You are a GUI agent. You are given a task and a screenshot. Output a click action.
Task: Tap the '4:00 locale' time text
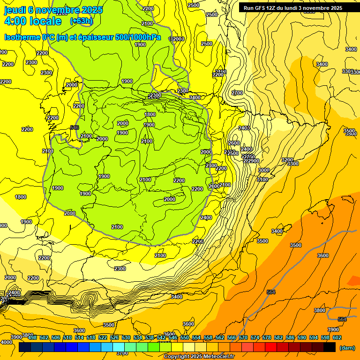pos(33,21)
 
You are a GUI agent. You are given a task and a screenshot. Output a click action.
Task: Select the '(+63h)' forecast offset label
pos(81,21)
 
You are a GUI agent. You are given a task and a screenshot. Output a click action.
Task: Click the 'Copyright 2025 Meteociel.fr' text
pos(199,357)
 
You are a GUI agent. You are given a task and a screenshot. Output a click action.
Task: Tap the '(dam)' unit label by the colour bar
pos(347,348)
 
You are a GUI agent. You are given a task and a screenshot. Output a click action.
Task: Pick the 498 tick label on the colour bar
pos(32,337)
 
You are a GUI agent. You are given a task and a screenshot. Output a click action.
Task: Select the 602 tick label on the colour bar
pos(337,337)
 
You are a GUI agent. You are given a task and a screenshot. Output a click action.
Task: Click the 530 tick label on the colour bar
pos(126,337)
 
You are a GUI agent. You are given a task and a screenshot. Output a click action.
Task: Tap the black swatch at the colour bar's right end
pos(330,347)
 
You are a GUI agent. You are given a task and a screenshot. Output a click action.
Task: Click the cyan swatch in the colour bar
pos(119,347)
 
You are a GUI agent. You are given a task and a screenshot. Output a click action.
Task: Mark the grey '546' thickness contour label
pos(74,127)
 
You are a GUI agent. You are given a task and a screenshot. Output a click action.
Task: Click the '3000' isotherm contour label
pos(264,170)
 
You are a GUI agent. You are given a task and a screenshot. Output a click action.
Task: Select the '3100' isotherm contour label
pos(262,180)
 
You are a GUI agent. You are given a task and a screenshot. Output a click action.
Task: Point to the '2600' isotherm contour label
pos(233,143)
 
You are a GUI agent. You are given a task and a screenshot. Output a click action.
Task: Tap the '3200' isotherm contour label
pos(287,160)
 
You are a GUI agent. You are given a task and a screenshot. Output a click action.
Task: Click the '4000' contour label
pos(7,342)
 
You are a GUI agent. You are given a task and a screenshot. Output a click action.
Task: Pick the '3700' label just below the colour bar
pos(122,353)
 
